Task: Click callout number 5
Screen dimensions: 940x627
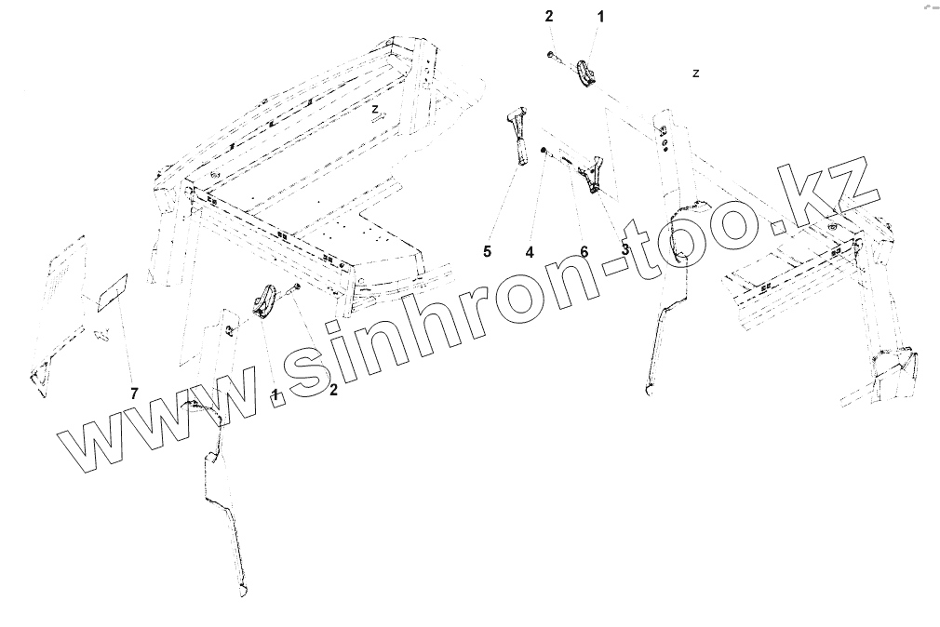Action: coord(486,250)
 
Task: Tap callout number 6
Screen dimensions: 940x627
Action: coord(584,250)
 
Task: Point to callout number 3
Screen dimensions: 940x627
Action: coord(624,249)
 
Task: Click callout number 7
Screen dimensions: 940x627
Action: coord(134,394)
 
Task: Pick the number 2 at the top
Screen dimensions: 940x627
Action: coord(549,16)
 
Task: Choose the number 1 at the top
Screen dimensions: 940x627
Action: coord(599,16)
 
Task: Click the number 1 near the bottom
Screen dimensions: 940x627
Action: coord(275,394)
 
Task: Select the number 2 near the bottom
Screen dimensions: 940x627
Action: coord(332,390)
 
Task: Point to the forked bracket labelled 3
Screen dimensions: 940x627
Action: coord(591,174)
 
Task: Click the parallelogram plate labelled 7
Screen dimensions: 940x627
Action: coord(112,292)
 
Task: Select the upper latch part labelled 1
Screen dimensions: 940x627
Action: coord(586,74)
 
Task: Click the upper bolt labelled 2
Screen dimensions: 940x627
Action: coord(553,57)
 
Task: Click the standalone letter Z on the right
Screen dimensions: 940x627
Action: coord(696,73)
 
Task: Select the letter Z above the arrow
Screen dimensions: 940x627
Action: coord(374,109)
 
